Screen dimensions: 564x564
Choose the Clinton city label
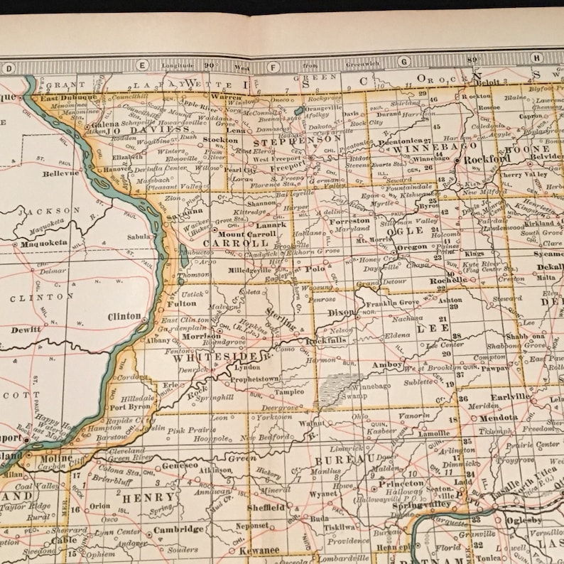pos(124,316)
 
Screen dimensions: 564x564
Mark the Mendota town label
pos(498,418)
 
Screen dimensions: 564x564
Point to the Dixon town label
pos(341,311)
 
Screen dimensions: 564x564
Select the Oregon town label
pos(412,247)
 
